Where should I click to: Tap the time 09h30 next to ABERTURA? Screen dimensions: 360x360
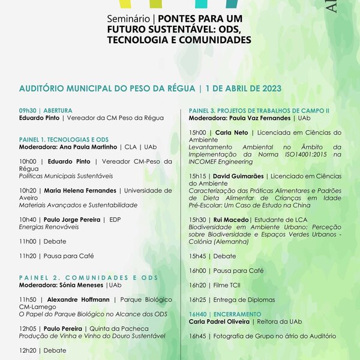point(28,110)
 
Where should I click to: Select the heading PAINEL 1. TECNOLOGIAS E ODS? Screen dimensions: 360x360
point(64,139)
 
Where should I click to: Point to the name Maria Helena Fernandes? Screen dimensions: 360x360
point(80,190)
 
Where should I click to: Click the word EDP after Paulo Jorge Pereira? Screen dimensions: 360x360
point(115,220)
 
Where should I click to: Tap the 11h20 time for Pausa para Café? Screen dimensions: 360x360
point(28,256)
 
